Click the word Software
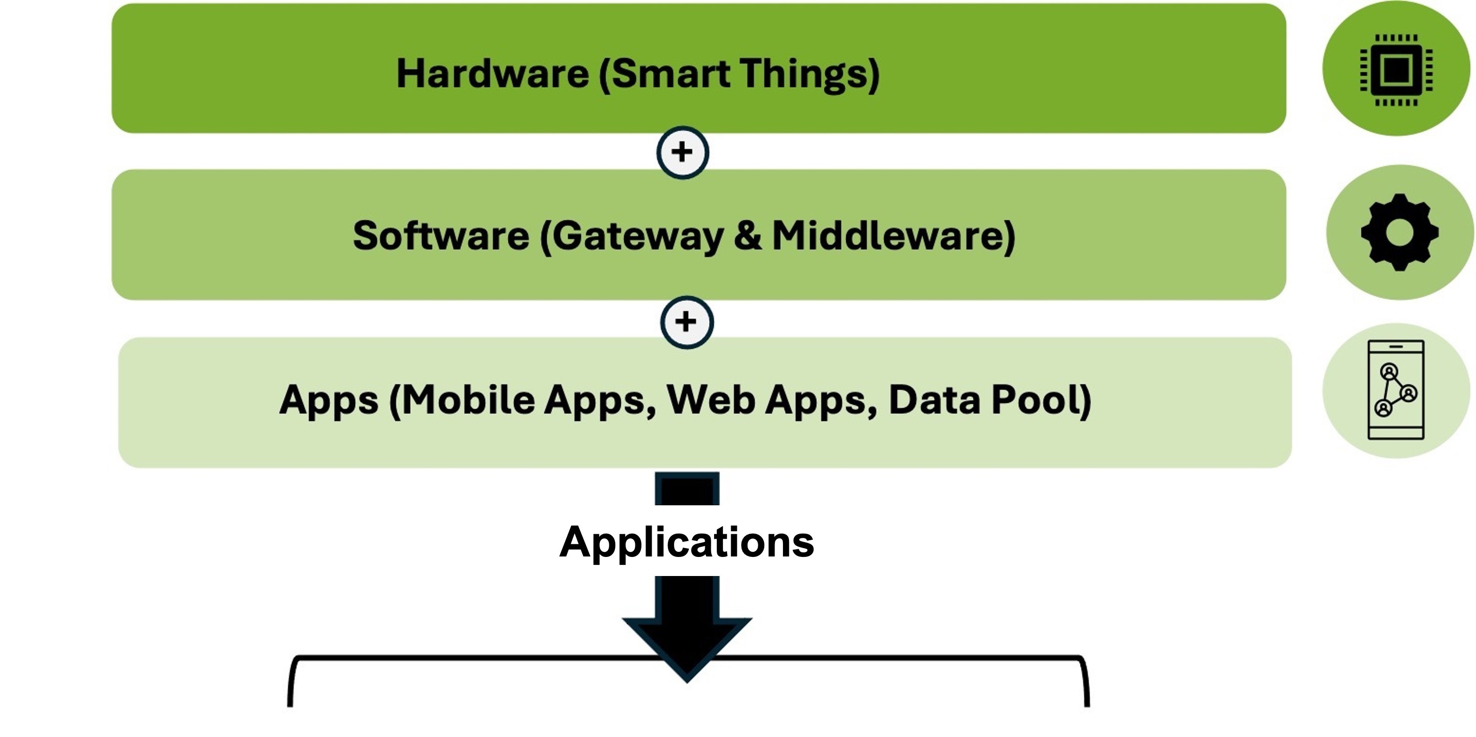[441, 235]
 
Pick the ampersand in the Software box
[748, 235]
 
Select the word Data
[934, 400]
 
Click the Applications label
[687, 541]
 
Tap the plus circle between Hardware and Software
[682, 152]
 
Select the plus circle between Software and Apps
[687, 322]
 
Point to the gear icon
[1399, 232]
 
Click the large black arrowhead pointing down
[687, 641]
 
